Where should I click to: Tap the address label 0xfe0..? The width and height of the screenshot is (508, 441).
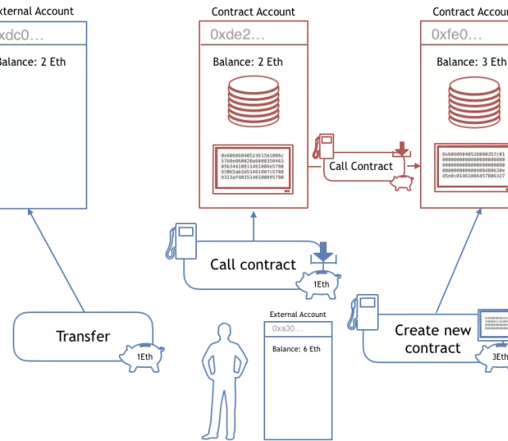(456, 34)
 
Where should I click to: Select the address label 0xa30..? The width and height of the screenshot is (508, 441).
(288, 328)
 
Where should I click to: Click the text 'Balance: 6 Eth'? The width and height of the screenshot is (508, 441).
(296, 349)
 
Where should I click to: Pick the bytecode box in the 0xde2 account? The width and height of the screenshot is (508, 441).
(253, 167)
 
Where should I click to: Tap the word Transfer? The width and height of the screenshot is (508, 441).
(83, 336)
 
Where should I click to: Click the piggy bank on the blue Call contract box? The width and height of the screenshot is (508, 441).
(318, 284)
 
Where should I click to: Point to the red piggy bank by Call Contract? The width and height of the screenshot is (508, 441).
(402, 182)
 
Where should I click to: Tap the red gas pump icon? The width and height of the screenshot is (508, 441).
(325, 148)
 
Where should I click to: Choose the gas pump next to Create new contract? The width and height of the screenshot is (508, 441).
(365, 311)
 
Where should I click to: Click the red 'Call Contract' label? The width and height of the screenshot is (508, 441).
(361, 166)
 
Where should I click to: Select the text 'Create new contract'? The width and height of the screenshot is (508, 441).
(433, 338)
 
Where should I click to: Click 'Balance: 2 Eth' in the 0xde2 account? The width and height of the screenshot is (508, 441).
(248, 62)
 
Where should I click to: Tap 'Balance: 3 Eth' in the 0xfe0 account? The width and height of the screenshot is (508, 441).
(471, 62)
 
